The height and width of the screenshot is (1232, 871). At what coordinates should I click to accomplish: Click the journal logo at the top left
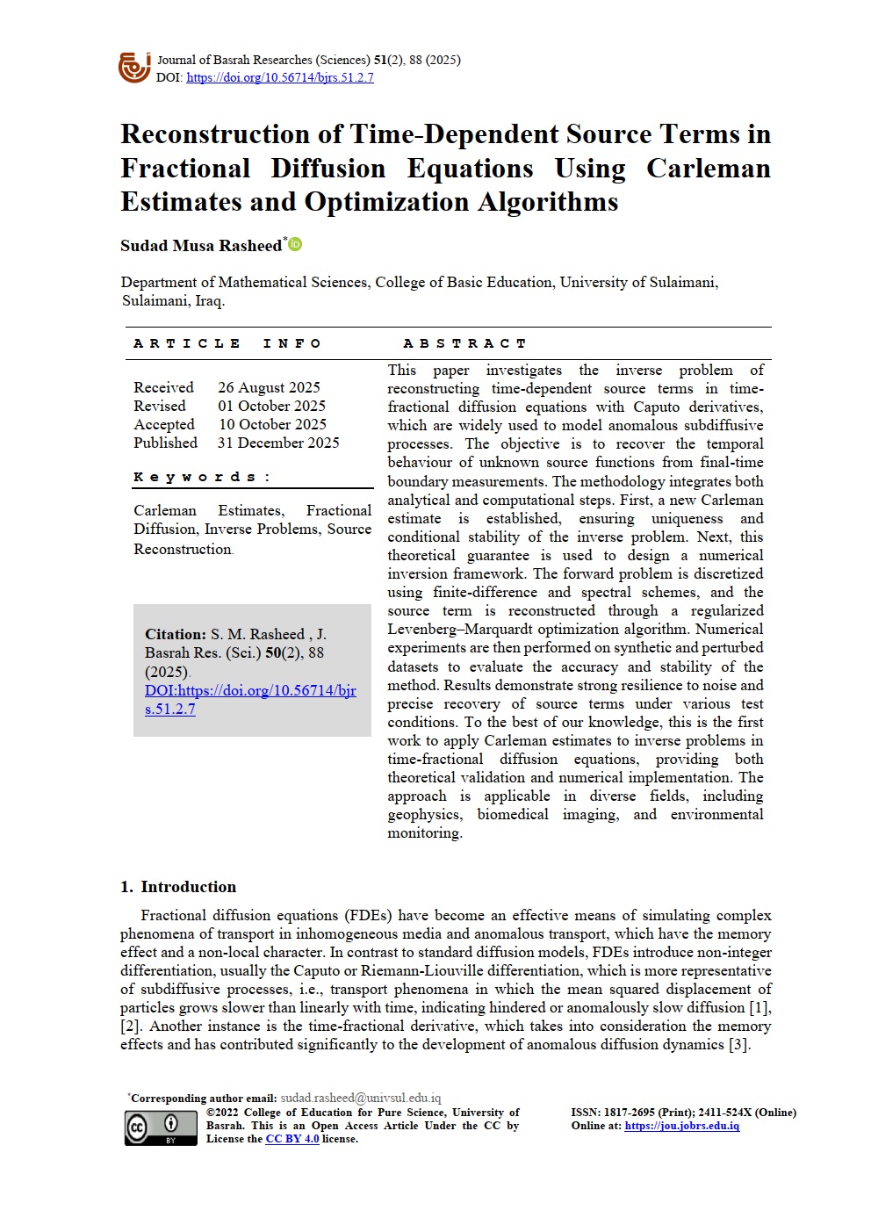pos(134,68)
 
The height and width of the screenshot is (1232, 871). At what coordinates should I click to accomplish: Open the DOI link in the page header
pos(280,77)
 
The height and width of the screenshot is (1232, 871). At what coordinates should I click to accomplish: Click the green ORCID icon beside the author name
pos(296,244)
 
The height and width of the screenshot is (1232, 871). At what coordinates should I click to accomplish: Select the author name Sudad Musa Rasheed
pos(201,246)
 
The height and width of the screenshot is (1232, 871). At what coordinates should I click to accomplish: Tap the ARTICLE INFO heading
pos(227,343)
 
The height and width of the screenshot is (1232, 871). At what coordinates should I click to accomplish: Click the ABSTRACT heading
pos(464,343)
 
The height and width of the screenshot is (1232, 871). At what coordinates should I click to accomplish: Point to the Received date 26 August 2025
pos(269,387)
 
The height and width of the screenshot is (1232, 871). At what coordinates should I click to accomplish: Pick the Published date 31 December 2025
pos(278,443)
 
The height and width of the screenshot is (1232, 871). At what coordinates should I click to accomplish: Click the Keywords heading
pos(202,477)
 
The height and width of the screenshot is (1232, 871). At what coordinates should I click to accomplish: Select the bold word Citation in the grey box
pos(176,634)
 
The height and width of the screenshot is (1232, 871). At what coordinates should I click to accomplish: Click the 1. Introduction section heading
pos(178,887)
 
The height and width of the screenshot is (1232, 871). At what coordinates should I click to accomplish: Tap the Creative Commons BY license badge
pos(149,1128)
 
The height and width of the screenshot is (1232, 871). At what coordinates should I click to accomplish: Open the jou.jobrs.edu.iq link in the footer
pos(681,1126)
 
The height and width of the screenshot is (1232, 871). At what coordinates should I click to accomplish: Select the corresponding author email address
pos(360,1098)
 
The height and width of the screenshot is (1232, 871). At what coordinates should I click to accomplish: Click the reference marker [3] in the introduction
pos(738,1045)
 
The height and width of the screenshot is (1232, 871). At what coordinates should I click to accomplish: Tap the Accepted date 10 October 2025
pos(272,424)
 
